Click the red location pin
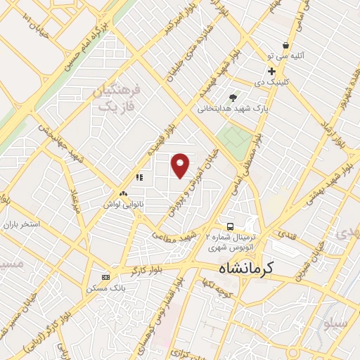click(x=181, y=165)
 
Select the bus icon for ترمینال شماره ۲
click(x=230, y=226)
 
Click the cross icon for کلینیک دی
click(x=271, y=72)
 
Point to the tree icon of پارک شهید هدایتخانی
click(x=233, y=97)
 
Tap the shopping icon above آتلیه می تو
click(x=285, y=44)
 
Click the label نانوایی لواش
click(x=122, y=205)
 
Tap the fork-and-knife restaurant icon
click(x=139, y=178)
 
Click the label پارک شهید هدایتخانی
click(x=233, y=109)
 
